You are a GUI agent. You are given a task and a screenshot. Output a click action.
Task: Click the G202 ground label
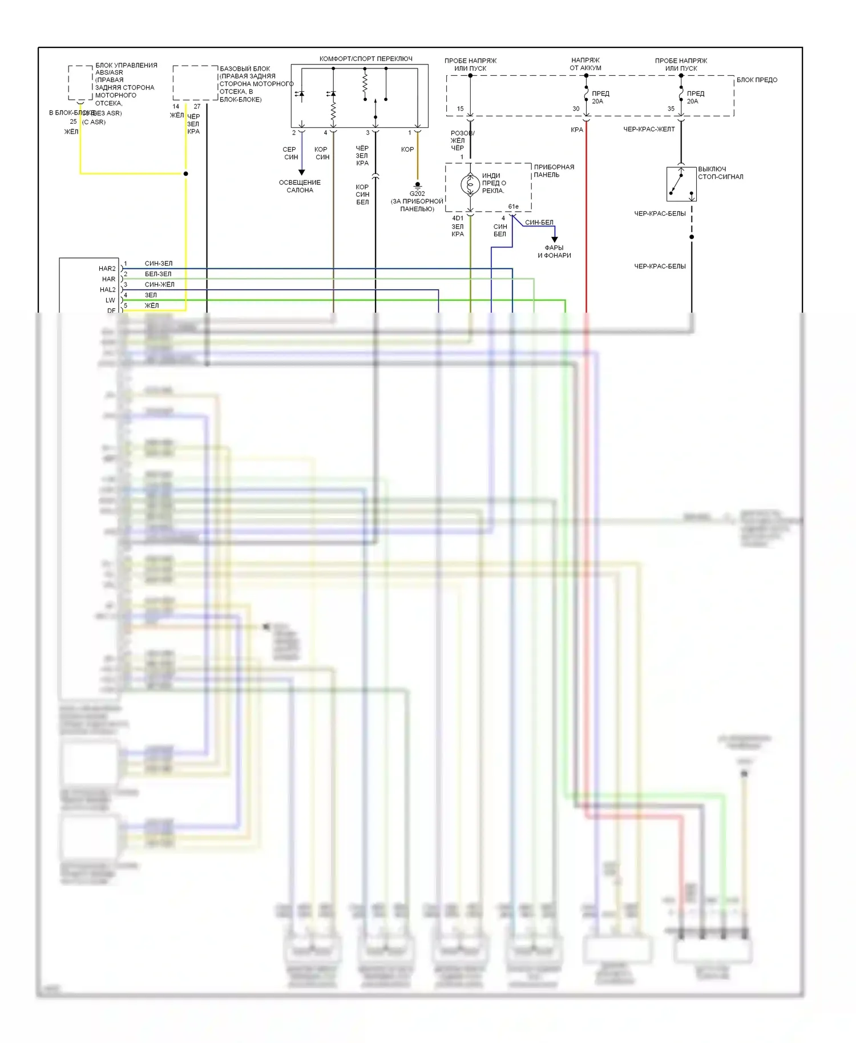(417, 193)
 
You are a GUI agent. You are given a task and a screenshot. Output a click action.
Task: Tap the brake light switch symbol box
(681, 184)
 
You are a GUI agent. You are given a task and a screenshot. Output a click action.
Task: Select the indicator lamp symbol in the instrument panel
(470, 184)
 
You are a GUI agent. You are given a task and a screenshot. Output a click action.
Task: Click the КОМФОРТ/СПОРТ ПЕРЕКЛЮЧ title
(366, 59)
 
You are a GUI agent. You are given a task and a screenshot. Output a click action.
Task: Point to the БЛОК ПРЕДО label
(757, 80)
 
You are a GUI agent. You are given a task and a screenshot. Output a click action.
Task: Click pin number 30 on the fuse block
(576, 109)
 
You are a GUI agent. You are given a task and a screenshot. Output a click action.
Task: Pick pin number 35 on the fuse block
(671, 109)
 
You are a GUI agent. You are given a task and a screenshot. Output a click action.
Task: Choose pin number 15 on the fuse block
(460, 109)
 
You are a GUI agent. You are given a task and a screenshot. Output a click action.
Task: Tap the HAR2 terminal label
(107, 269)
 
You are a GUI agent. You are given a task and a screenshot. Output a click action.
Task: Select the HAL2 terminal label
(107, 290)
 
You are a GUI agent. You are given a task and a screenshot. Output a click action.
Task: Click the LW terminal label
(110, 300)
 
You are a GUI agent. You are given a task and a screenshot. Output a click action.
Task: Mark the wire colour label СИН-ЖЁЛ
(159, 285)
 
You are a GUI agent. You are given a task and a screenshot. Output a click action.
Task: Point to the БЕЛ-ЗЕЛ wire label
(158, 274)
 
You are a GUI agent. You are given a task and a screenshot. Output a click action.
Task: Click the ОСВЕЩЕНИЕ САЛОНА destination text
(300, 187)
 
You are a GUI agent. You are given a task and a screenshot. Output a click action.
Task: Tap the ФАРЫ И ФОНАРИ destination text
(554, 252)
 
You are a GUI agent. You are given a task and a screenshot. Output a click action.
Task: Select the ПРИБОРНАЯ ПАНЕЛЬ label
(554, 171)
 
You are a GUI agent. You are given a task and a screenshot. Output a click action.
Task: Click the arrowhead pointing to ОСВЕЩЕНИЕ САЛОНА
(302, 172)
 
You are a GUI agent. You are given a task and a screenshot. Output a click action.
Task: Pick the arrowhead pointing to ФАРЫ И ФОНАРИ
(554, 240)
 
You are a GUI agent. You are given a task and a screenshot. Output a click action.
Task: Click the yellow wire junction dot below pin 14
(186, 173)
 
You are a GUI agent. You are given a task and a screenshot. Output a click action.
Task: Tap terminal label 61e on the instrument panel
(514, 207)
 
